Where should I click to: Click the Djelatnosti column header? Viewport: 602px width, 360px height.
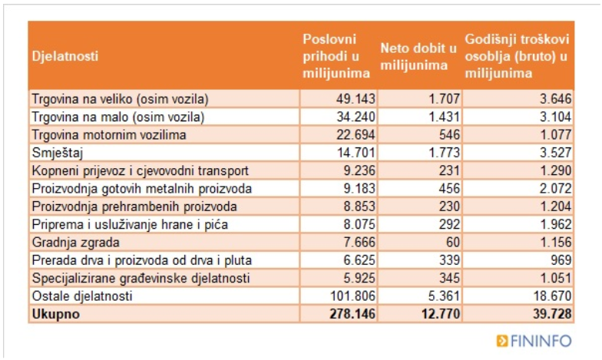65,56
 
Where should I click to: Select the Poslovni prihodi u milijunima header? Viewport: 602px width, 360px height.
336,56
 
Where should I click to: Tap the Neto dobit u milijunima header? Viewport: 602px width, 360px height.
418,57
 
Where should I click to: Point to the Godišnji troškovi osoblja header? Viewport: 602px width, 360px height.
517,56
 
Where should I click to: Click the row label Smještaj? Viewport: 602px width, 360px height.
58,153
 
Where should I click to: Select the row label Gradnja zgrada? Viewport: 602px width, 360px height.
75,243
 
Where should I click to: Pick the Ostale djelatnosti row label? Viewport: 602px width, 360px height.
82,296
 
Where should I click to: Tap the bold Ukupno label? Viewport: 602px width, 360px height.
56,314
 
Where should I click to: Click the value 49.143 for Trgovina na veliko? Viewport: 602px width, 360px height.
356,99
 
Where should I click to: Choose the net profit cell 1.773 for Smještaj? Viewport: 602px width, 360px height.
444,153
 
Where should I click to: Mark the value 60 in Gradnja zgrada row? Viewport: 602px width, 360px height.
453,243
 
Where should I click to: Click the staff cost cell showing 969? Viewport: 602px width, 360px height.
561,260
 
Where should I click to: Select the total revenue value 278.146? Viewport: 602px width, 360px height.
352,314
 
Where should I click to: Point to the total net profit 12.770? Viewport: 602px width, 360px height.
441,314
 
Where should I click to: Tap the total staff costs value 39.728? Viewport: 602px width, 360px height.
552,314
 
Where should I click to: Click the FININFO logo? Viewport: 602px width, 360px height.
534,341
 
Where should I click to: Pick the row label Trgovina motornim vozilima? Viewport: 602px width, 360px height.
109,135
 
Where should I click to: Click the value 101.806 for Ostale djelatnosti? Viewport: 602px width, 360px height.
352,296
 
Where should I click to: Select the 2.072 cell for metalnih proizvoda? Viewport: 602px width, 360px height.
556,189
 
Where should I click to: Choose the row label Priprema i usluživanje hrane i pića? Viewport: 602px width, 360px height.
130,224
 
